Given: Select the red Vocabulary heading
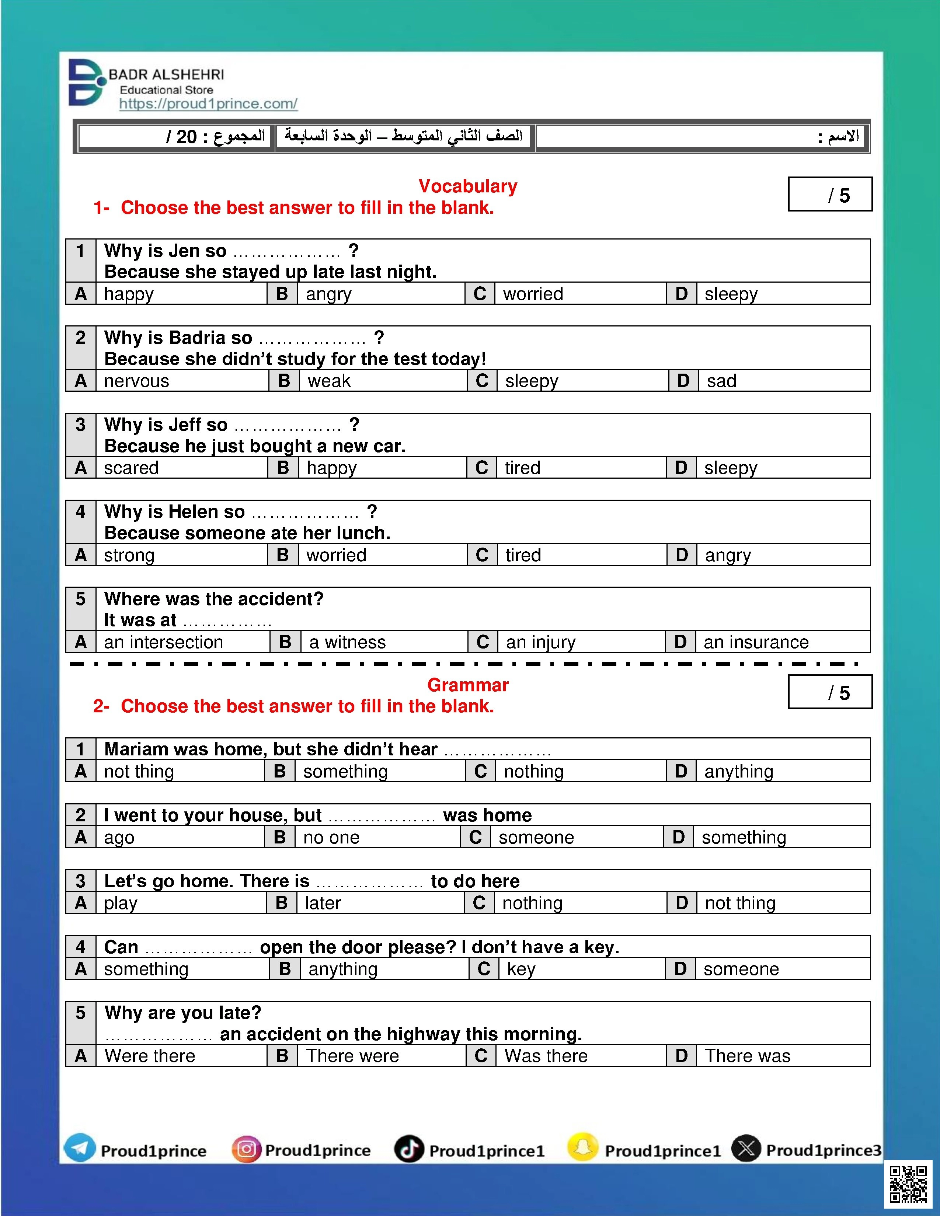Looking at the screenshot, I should (x=468, y=186).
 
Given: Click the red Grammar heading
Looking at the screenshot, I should (x=468, y=685).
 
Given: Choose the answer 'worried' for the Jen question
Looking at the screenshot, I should (x=533, y=294).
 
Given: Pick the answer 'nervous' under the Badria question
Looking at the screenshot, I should (x=136, y=381).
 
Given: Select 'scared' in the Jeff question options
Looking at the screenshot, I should (x=132, y=468).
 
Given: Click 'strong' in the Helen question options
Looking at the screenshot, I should (x=129, y=555).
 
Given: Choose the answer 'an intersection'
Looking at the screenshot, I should (x=163, y=642).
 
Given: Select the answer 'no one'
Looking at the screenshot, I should (x=331, y=838).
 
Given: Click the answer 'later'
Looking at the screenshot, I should (x=323, y=903).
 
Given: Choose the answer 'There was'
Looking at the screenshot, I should (x=747, y=1056).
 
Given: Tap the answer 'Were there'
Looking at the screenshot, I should (x=150, y=1056).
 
